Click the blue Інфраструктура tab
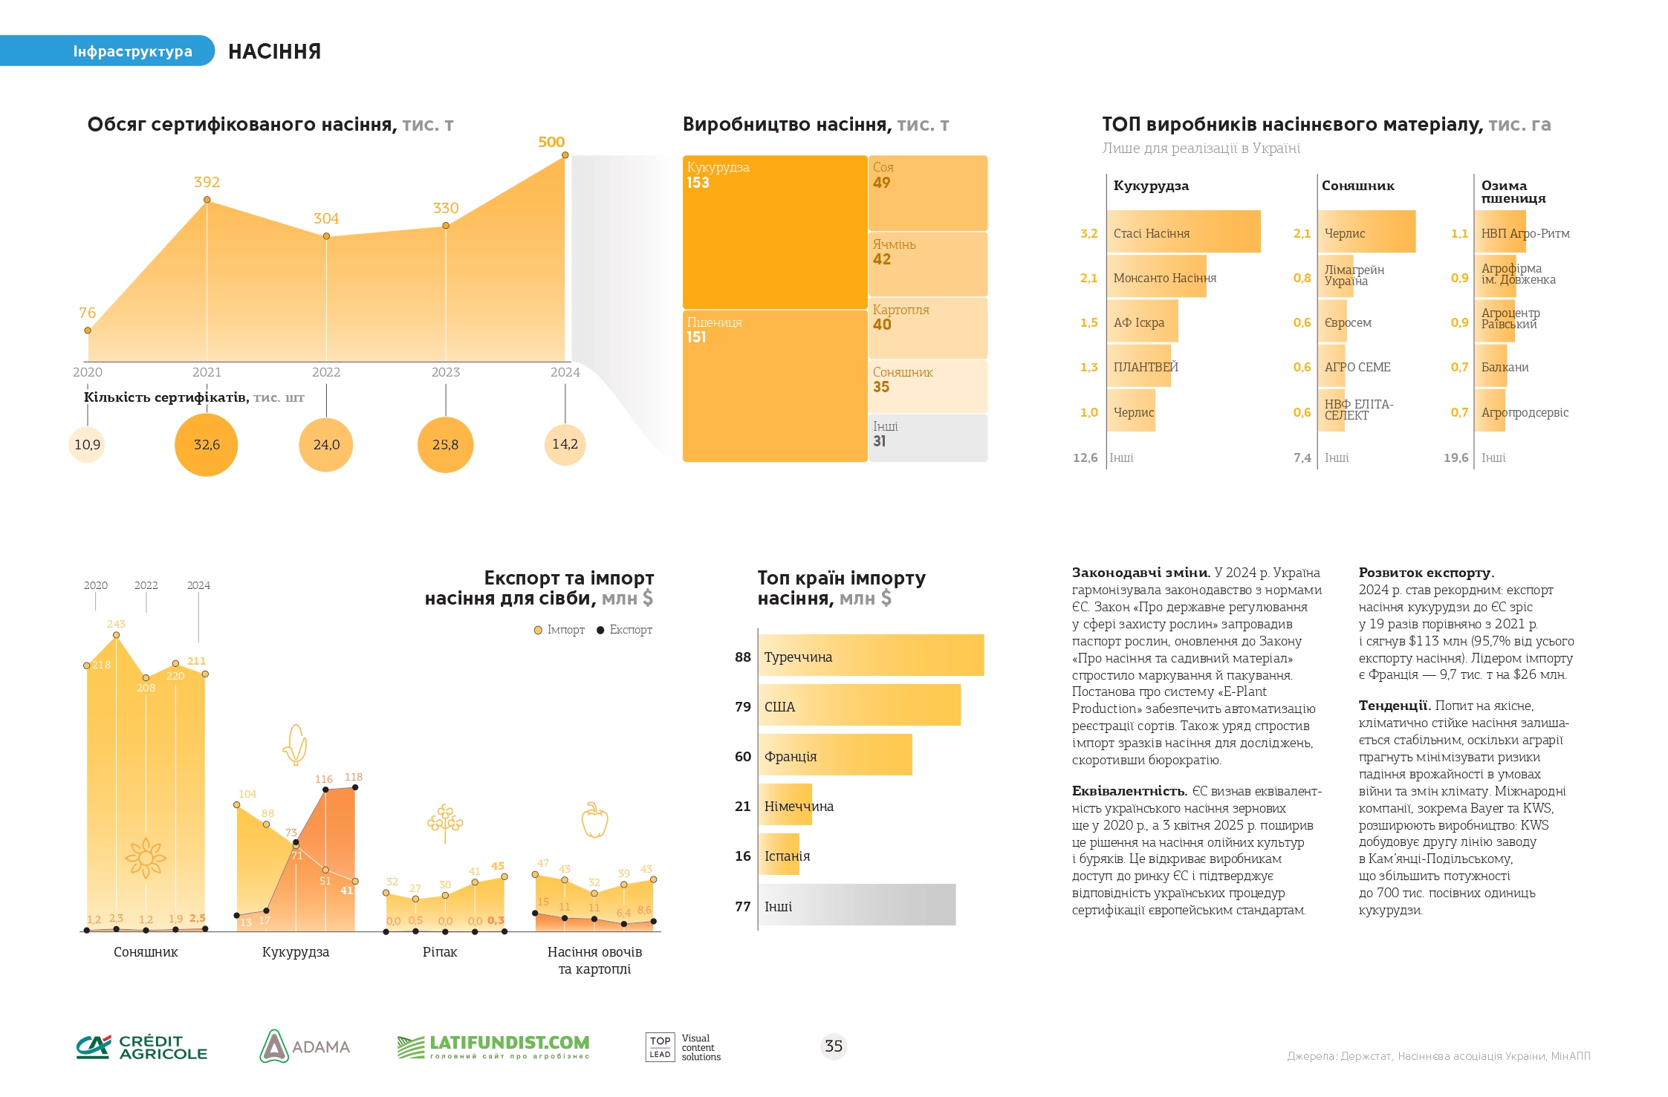point(107,51)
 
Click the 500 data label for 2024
point(551,142)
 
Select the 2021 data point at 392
point(207,200)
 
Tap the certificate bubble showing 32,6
point(207,445)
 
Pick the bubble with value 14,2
point(565,444)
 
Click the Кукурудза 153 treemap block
point(775,232)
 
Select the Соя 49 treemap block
point(928,192)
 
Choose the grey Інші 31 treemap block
point(928,438)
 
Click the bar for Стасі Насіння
point(1184,232)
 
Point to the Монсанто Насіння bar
point(1157,276)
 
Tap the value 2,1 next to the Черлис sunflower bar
point(1302,233)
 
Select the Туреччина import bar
point(871,655)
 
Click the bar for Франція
point(835,755)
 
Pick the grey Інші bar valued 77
point(857,905)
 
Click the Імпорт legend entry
point(559,630)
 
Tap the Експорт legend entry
point(624,630)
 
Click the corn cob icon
point(295,744)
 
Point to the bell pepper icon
point(594,820)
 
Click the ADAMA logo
point(305,1046)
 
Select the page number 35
point(834,1046)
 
